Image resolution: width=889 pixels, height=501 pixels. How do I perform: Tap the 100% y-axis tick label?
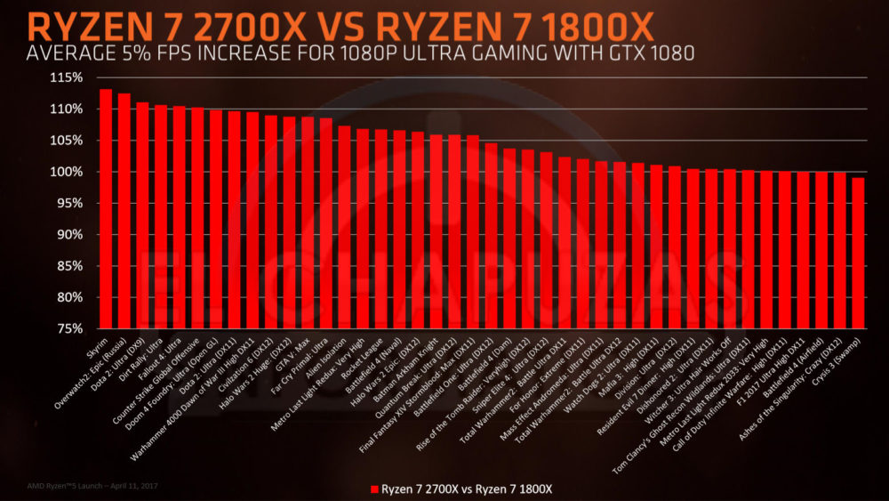[x=67, y=172]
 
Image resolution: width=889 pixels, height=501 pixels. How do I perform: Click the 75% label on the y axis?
[x=69, y=328]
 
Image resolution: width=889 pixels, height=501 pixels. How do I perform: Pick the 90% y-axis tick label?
[x=69, y=234]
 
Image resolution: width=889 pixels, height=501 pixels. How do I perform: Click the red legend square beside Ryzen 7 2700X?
[x=374, y=489]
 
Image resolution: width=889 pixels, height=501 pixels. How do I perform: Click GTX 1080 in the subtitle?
[x=646, y=54]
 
